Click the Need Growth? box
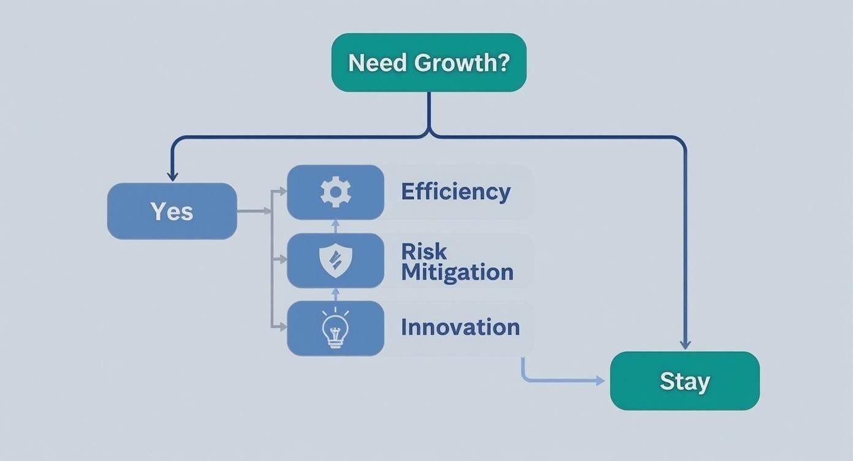pos(428,63)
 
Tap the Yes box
pos(172,211)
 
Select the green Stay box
pos(684,381)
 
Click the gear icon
pos(336,192)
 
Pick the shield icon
pos(336,261)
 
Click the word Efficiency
pos(455,192)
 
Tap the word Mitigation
pos(457,272)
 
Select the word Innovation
pos(460,327)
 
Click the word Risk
pos(424,251)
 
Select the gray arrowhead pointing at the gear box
pos(282,192)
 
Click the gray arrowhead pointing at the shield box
pos(282,260)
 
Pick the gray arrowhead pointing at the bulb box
pos(282,327)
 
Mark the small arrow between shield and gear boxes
pos(335,226)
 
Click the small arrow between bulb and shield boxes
pos(335,294)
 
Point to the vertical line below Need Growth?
pos(429,110)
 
